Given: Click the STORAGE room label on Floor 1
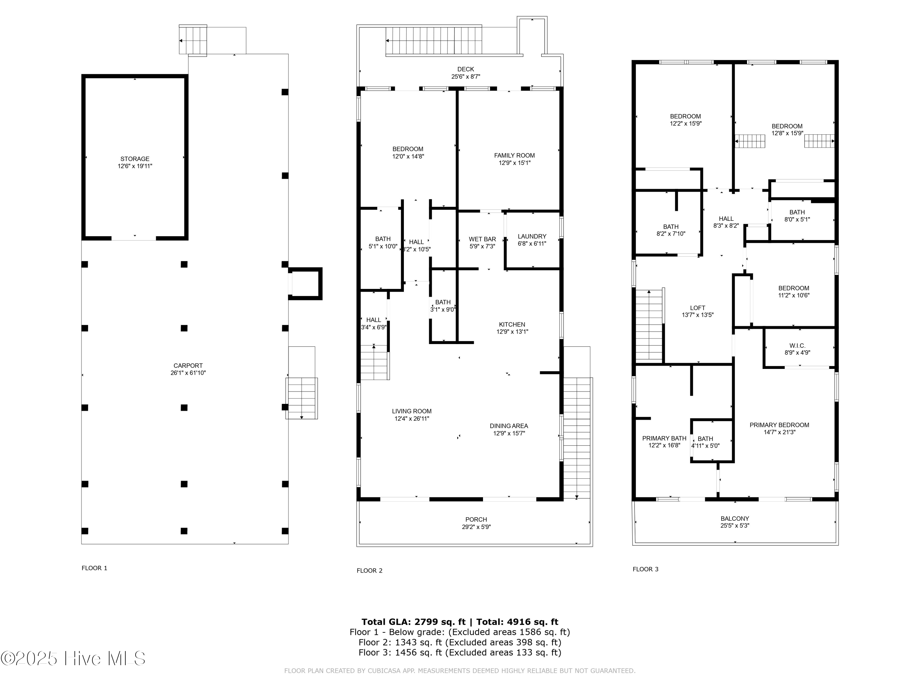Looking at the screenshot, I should point(135,159).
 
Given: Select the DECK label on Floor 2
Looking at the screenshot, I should point(466,69).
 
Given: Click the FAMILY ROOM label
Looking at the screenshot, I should point(514,155).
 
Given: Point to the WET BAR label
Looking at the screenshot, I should point(482,239).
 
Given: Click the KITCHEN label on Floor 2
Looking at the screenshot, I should point(512,324).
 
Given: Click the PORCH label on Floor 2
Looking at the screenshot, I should point(476,519).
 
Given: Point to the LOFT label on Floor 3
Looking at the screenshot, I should point(697,308).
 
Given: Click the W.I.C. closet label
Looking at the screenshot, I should point(797,346).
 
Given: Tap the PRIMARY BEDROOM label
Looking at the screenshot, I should point(779,425).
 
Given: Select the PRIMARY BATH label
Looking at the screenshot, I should point(664,438).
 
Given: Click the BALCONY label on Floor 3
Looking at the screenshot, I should point(734,519).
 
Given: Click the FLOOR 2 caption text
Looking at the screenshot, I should point(369,571).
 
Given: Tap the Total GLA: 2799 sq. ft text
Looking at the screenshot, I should point(413,622).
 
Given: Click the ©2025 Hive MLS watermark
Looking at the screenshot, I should point(73,658).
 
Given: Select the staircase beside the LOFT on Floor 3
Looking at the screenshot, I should point(649,325).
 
